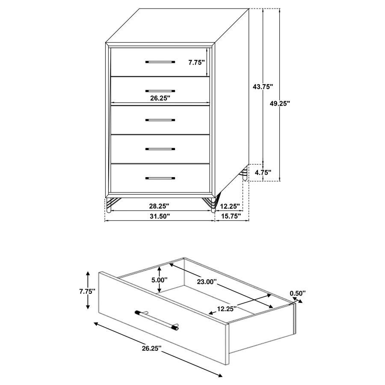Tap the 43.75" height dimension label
pyautogui.click(x=263, y=86)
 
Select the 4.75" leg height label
pyautogui.click(x=263, y=173)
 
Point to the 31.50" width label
pyautogui.click(x=160, y=216)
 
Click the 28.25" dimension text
pyautogui.click(x=160, y=206)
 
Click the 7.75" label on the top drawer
pyautogui.click(x=196, y=62)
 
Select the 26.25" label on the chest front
pyautogui.click(x=160, y=98)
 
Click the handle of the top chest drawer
pyautogui.click(x=160, y=62)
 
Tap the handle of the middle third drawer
pyautogui.click(x=160, y=120)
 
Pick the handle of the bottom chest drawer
pyautogui.click(x=160, y=178)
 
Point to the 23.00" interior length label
pyautogui.click(x=207, y=282)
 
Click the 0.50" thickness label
pyautogui.click(x=298, y=293)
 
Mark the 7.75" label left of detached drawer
pyautogui.click(x=87, y=291)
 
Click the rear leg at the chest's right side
pyautogui.click(x=245, y=175)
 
